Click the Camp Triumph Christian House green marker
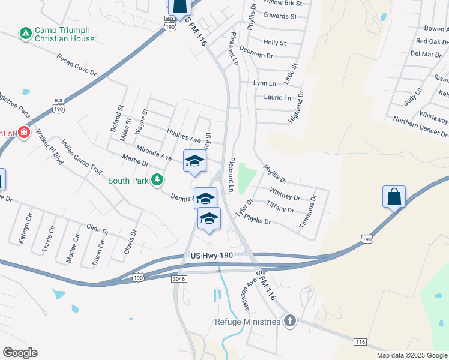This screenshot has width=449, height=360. [25, 34]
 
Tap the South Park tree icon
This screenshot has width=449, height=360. [157, 179]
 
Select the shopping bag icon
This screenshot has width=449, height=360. [394, 197]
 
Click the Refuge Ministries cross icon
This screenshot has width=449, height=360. [289, 321]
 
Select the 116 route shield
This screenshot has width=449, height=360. [360, 341]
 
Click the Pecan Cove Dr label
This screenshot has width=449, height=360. [77, 65]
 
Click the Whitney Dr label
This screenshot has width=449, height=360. [285, 194]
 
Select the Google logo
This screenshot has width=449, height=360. [20, 353]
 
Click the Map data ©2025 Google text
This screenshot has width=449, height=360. [411, 355]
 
